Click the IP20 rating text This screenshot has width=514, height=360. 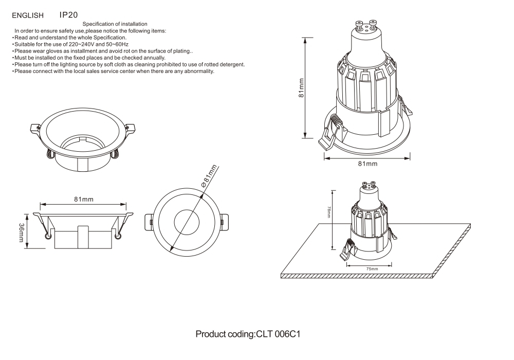coord(68,15)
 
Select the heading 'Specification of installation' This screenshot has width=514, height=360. coord(115,24)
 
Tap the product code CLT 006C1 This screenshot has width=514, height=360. coord(248,334)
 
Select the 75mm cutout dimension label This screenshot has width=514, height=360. coord(370,269)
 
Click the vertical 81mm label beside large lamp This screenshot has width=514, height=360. coord(302,87)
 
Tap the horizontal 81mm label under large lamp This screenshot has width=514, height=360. coord(367,164)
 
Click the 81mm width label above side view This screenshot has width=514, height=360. coord(83,200)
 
